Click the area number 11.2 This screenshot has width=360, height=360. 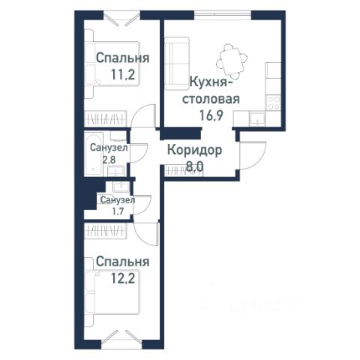pos(123,74)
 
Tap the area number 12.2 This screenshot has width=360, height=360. pos(123,278)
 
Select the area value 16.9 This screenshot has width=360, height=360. pos(211,115)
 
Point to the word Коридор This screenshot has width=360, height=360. pos(194,151)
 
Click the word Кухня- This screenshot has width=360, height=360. pos(211,82)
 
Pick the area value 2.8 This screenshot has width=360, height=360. pos(109,159)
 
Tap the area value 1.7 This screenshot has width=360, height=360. pos(118,211)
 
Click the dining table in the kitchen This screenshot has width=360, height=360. pos(232,61)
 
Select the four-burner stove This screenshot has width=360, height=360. pos(274,103)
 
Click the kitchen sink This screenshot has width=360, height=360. pos(257,118)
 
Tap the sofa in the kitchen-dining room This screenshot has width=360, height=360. pos(176,64)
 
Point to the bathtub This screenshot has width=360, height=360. pos(94,154)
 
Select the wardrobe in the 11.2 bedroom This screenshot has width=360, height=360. pos(105,118)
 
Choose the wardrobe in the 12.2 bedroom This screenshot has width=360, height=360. pos(105,230)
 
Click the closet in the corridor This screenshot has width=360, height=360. pos(184,171)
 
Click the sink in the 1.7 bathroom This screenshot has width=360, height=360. pos(121,187)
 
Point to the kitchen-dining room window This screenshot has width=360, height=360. pos(223,14)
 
